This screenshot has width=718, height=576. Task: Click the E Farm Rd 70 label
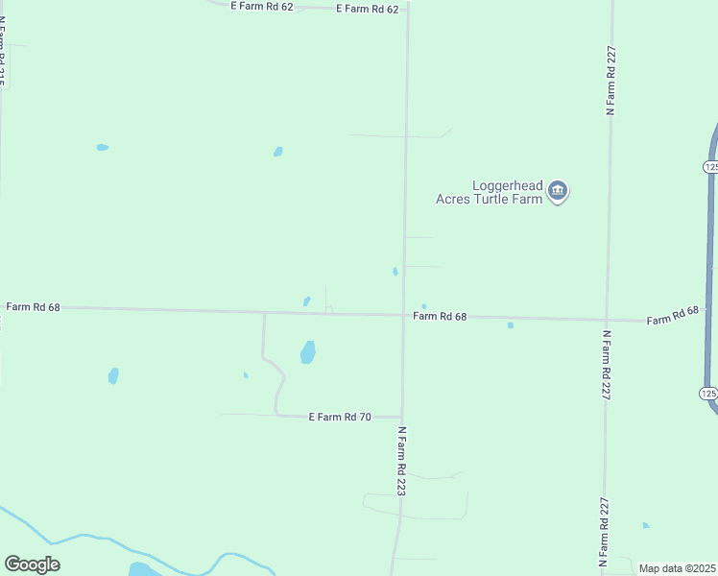339,417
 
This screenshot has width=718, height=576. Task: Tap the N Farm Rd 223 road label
403,462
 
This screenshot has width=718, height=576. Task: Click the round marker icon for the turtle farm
558,192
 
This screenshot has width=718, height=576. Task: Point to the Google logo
32,564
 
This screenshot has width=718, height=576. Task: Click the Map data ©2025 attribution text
678,568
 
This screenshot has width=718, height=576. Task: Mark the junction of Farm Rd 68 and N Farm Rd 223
404,315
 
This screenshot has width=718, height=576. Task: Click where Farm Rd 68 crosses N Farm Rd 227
606,320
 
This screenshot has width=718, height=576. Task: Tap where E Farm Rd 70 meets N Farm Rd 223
402,417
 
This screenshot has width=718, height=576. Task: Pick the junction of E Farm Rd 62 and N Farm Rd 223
407,8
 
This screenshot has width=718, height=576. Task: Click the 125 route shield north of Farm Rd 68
709,167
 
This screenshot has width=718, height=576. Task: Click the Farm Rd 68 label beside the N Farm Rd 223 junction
440,316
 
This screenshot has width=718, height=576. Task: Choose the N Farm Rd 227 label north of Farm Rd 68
610,81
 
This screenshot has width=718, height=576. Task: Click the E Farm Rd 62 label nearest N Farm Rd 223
367,9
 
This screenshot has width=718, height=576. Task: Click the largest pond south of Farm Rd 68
307,352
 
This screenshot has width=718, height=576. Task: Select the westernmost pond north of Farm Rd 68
102,147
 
